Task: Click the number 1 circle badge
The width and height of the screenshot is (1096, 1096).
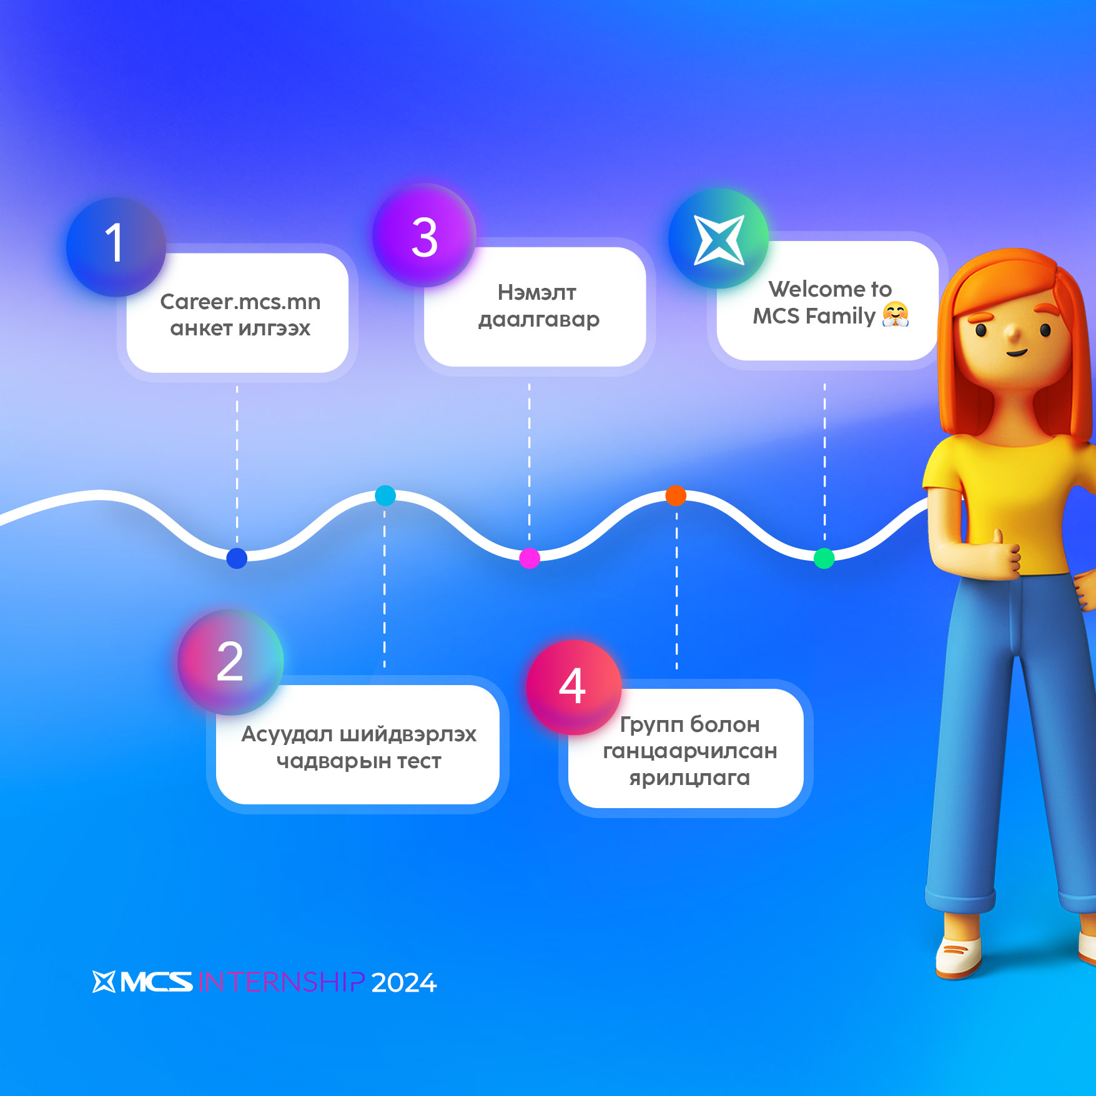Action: [116, 247]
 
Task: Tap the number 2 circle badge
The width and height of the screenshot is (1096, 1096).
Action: [230, 662]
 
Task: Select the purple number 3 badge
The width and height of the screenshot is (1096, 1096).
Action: [425, 236]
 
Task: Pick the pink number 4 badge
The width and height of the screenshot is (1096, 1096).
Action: [573, 687]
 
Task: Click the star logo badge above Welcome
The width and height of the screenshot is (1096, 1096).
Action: [719, 239]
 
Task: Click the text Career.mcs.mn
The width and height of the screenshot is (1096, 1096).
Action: [240, 302]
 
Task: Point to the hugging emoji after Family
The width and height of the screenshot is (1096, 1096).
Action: [896, 314]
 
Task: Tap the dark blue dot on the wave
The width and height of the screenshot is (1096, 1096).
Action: [237, 558]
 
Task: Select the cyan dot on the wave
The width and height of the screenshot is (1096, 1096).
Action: [385, 495]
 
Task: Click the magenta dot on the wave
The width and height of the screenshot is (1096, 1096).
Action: [530, 558]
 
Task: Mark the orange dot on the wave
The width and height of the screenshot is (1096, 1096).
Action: [676, 495]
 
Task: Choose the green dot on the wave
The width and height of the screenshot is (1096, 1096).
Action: [824, 558]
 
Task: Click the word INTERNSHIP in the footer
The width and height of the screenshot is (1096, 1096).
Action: [281, 982]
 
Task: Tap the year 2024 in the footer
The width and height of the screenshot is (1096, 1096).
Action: [404, 983]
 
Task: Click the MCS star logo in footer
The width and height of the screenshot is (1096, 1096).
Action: [104, 982]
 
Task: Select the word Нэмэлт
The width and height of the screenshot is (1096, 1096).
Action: [537, 292]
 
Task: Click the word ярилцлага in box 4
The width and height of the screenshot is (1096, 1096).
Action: [689, 778]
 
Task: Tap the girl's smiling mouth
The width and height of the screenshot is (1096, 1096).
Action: [1016, 353]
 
